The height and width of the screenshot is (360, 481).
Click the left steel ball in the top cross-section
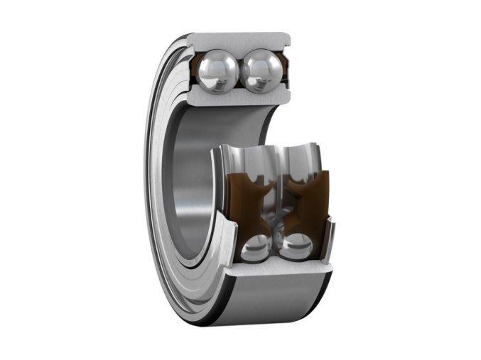(220, 72)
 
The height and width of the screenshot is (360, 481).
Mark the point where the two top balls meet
(240, 72)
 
